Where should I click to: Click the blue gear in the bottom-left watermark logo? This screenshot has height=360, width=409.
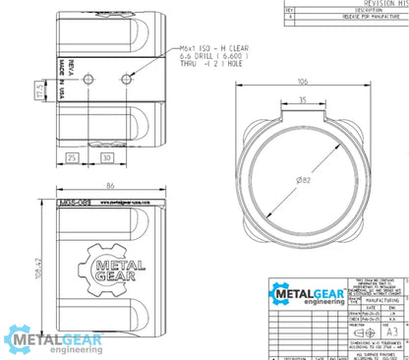tap(18, 339)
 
